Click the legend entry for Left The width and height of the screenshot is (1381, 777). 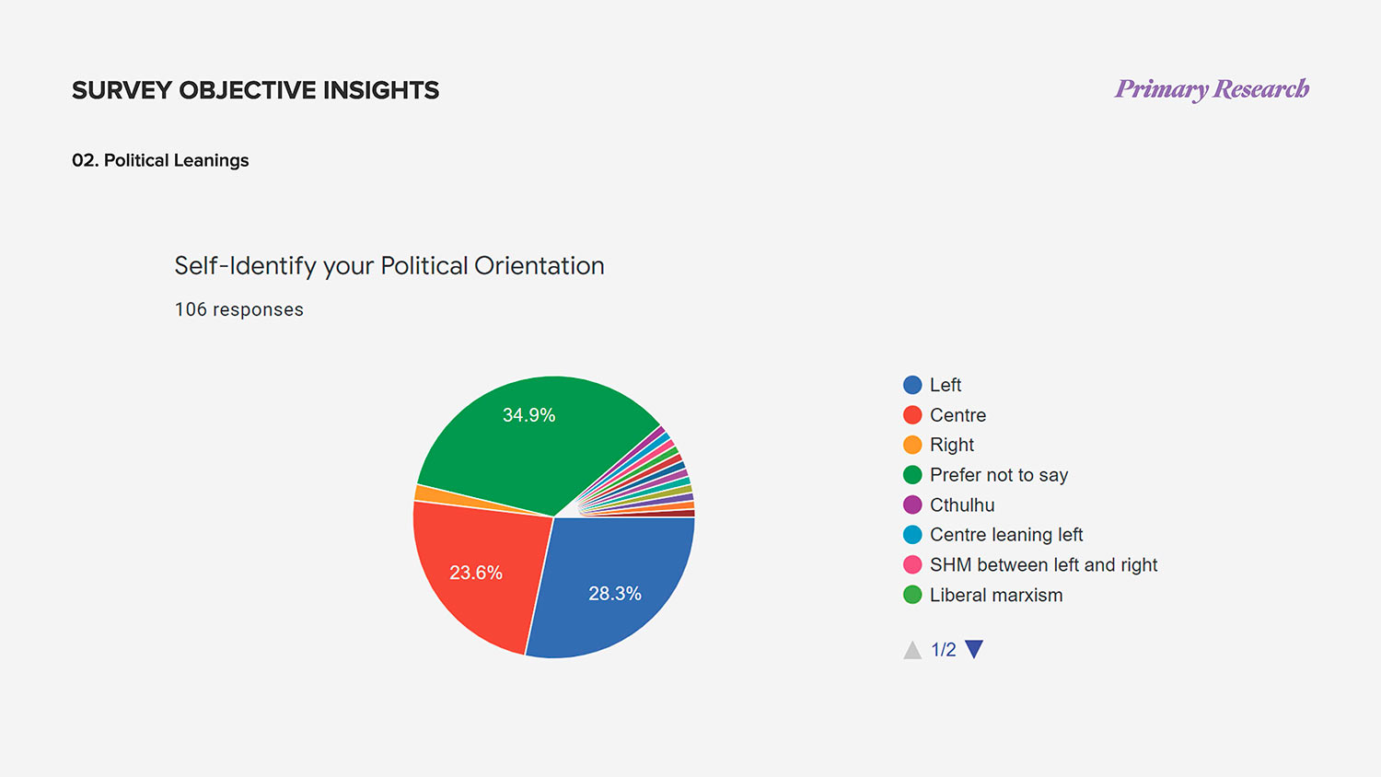pos(945,385)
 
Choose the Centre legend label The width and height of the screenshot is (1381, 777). pos(957,415)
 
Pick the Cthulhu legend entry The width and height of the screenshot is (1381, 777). pos(962,504)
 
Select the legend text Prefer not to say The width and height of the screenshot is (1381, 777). pos(999,475)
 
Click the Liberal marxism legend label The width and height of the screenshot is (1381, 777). pos(996,595)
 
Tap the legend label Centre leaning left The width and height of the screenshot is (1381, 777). pos(1006,535)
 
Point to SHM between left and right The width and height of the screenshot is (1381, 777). pos(1043,564)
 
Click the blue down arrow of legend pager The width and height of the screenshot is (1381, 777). pos(974,649)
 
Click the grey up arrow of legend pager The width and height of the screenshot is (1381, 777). pos(912,650)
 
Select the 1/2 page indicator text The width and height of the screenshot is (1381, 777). pos(944,650)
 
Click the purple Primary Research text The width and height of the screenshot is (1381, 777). pos(1212,89)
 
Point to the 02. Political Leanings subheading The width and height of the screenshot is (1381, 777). pos(160,160)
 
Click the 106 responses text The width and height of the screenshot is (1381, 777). pos(239,309)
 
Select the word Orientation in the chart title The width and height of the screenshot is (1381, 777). pos(540,266)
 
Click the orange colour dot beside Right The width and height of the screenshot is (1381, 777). pos(912,445)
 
